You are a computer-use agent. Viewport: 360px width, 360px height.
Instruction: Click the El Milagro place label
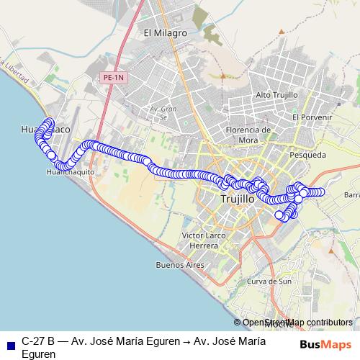coord(165,33)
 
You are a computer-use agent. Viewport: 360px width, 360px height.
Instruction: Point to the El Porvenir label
coord(312,117)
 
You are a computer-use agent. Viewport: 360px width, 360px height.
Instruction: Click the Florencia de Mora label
coord(247,135)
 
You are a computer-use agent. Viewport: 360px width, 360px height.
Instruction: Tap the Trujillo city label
coord(237,198)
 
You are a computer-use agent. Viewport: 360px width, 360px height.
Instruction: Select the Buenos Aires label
coord(180,265)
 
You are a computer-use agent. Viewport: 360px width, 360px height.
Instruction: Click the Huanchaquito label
coord(70,173)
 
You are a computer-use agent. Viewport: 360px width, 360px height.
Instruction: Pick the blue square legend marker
coord(10,342)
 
